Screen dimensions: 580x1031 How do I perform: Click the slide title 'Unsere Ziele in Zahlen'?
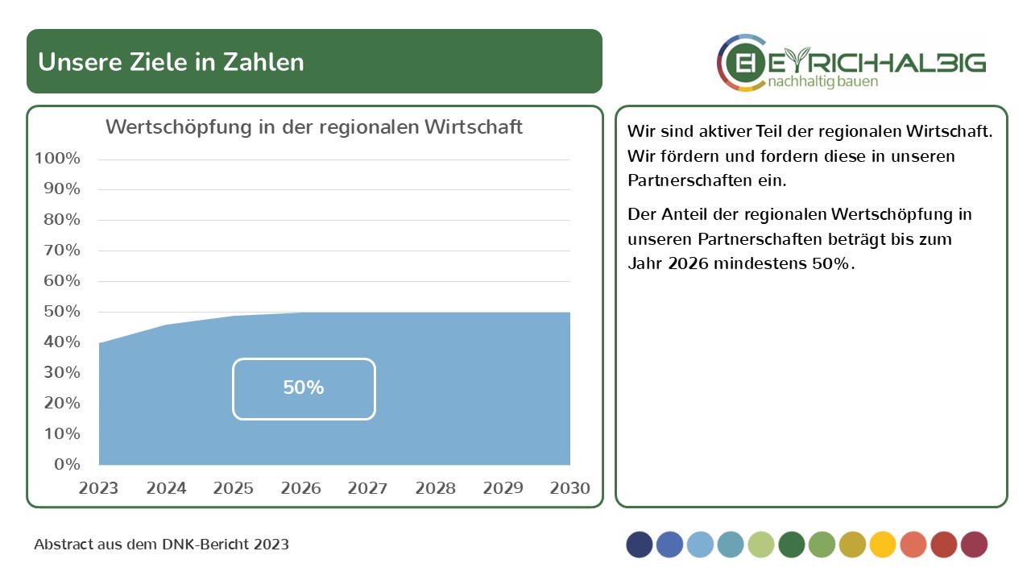click(x=171, y=62)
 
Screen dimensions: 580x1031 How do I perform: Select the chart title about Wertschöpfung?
click(x=314, y=127)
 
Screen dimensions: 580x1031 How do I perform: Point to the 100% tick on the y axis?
click(x=58, y=159)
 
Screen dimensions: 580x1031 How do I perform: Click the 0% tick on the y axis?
click(x=67, y=464)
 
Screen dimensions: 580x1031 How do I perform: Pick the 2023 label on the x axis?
click(x=98, y=488)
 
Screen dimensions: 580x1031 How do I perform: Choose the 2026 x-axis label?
click(x=301, y=488)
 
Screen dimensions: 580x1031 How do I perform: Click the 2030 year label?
click(x=570, y=488)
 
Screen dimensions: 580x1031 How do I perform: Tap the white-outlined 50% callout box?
click(x=304, y=388)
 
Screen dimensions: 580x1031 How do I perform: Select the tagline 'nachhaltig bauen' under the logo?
click(x=822, y=82)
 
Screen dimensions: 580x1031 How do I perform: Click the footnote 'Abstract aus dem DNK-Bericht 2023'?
click(x=161, y=545)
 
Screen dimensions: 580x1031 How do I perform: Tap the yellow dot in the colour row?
click(x=883, y=545)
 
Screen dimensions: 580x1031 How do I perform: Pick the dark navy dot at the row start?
click(x=640, y=545)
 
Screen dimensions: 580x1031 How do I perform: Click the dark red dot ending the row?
click(x=974, y=545)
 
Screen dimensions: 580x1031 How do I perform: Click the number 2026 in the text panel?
click(x=689, y=263)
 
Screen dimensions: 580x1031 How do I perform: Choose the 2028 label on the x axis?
click(x=435, y=488)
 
